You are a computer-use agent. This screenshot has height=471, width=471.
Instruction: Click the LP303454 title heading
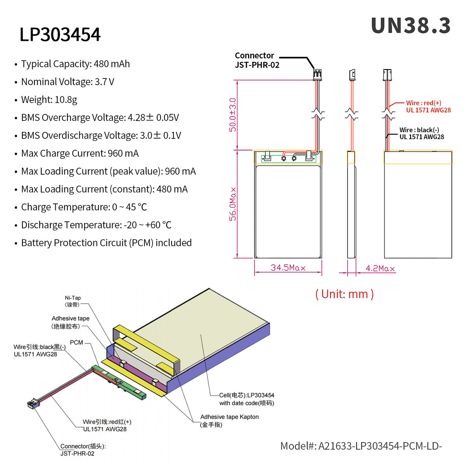tap(60, 35)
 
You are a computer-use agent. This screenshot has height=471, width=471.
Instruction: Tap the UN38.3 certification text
tap(411, 26)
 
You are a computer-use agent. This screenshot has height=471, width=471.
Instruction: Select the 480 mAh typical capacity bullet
tap(75, 64)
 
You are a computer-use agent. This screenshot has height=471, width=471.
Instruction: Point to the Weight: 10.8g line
tap(49, 100)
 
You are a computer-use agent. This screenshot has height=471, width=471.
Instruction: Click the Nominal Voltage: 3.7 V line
tap(68, 82)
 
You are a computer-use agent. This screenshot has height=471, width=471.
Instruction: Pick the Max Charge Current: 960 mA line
tap(80, 153)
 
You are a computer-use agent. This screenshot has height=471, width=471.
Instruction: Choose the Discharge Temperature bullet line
tap(96, 225)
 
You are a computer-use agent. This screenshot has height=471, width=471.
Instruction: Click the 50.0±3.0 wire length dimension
tap(233, 115)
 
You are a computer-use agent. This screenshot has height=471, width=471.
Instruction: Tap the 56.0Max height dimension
tap(233, 204)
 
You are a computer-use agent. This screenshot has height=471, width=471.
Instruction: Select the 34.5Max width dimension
tap(288, 268)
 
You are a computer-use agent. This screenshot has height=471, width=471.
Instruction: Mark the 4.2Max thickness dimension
tap(380, 268)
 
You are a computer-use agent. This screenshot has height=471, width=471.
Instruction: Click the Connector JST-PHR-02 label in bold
tap(257, 60)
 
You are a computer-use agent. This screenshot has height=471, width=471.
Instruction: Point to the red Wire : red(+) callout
tap(428, 106)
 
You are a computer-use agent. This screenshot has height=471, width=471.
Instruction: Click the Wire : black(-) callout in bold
tap(422, 133)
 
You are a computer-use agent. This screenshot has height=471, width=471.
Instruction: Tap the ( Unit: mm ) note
tap(344, 294)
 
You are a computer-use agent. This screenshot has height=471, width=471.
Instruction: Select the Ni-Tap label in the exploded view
tap(73, 301)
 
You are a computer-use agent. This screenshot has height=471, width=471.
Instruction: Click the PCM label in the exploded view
tap(77, 343)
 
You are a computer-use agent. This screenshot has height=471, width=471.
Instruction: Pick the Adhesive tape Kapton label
tap(229, 420)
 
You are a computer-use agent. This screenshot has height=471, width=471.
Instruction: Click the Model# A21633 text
tap(361, 446)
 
